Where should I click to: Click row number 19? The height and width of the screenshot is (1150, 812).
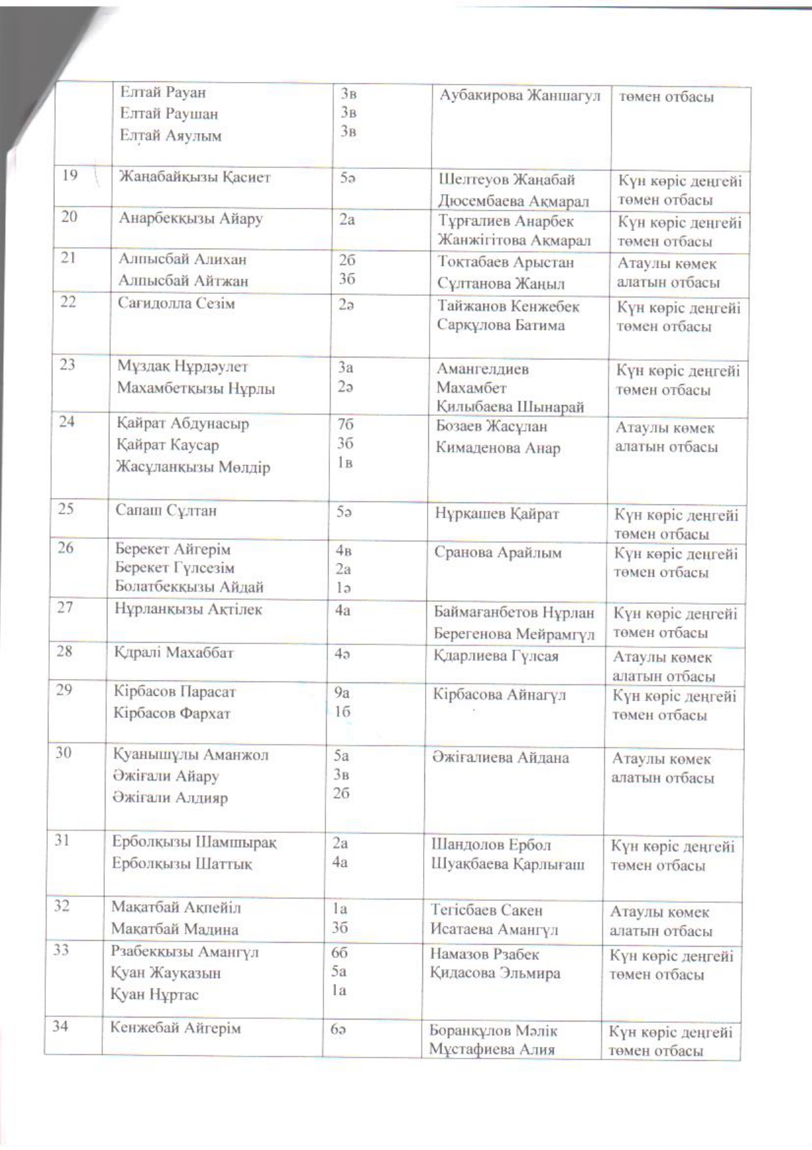(69, 175)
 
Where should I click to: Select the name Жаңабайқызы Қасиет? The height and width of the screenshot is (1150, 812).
(194, 177)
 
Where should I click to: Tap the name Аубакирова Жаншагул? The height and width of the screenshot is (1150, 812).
(519, 95)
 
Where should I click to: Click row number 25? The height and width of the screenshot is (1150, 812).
(66, 508)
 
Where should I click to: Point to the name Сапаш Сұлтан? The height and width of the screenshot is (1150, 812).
(165, 510)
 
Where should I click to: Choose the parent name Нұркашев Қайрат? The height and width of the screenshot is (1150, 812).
(497, 514)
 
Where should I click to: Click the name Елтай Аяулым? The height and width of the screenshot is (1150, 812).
(171, 136)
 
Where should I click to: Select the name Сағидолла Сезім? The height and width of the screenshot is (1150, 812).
(176, 303)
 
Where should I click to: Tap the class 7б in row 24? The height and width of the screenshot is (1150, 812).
(344, 424)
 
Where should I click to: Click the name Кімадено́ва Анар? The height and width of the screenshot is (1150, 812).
(498, 448)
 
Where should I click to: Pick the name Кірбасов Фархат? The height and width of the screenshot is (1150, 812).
(172, 713)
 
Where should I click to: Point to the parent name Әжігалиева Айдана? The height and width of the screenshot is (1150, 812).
(500, 758)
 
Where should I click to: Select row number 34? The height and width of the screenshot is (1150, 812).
(60, 1026)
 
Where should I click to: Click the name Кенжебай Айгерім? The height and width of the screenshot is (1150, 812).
(175, 1028)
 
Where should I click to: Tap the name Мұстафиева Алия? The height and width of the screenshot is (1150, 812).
(491, 1049)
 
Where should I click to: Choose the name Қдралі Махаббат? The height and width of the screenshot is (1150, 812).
(173, 653)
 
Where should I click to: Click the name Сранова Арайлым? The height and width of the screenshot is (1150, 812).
(497, 552)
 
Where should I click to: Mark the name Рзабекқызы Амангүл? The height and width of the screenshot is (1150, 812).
(185, 951)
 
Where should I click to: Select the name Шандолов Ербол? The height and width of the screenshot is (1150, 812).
(491, 845)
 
